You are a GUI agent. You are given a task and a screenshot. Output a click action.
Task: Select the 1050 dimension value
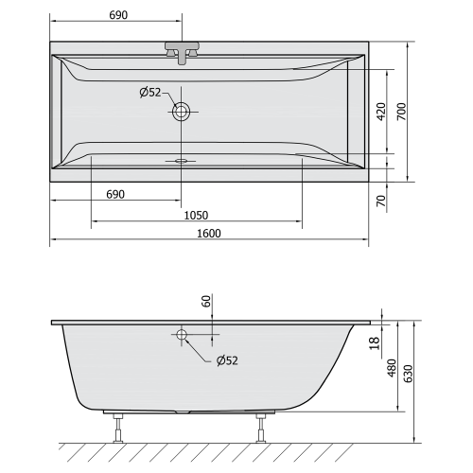pos(196,215)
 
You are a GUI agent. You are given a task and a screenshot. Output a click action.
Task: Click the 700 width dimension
pos(402,112)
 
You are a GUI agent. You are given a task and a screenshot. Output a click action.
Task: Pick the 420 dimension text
pos(380,112)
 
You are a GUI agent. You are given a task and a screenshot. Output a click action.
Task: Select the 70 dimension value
pos(380,201)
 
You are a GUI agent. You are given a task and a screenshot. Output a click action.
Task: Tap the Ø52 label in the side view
pos(227,360)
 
